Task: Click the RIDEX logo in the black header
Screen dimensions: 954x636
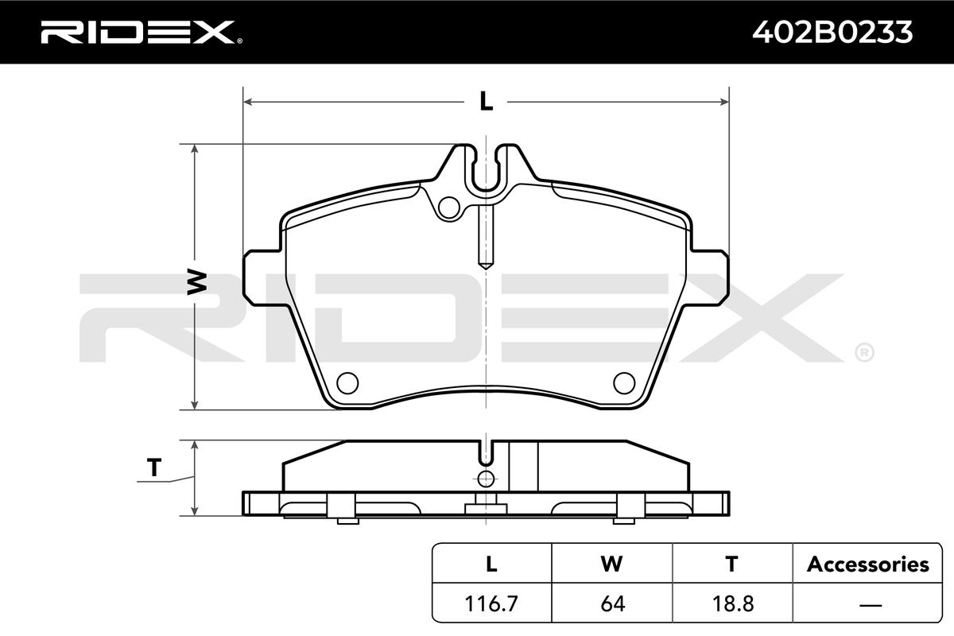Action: pos(142,32)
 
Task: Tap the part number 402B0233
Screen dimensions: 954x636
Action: pos(832,32)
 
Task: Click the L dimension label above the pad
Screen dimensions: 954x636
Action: pos(486,102)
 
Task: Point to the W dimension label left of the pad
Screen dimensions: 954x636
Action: pos(197,281)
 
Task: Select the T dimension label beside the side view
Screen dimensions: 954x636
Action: pos(154,467)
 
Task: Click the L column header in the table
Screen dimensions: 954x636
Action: pos(491,564)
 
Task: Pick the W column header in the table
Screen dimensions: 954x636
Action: pos(611,564)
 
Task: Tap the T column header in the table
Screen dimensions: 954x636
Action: pos(731,564)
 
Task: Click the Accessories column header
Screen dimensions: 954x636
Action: pos(868,564)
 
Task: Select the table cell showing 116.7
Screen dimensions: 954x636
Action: pos(491,603)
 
